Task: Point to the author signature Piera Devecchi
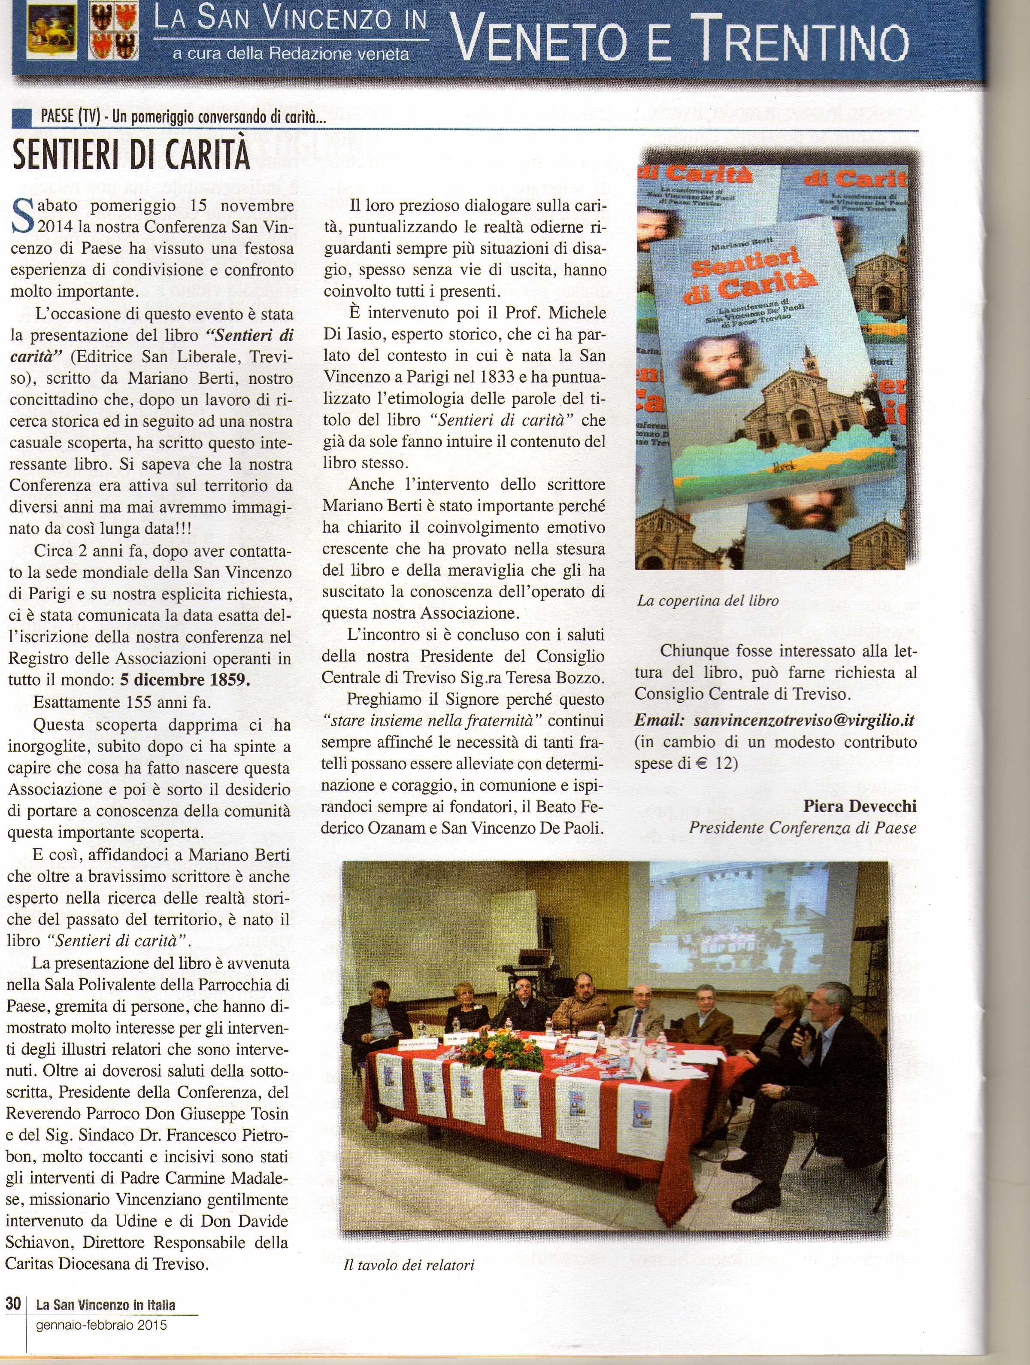[x=860, y=806]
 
